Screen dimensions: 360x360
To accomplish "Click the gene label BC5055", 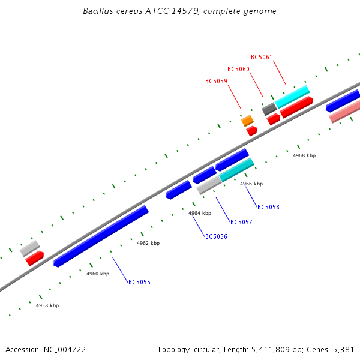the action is [139, 282].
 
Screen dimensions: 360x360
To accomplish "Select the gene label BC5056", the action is [216, 236].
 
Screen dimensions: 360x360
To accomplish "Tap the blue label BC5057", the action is [241, 222].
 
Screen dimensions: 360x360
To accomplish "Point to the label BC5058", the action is [268, 207].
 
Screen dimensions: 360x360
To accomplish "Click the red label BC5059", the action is [216, 81].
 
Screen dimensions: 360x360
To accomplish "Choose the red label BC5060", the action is [238, 69].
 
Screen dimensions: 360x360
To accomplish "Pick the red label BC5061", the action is [262, 57].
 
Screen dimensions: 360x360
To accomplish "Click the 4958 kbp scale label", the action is [47, 305].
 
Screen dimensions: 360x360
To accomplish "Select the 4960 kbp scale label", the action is [98, 274].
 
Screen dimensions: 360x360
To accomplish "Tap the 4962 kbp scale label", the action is [148, 243].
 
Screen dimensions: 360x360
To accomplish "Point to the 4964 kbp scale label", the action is [200, 213].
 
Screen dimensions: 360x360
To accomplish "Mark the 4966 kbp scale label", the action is [251, 184].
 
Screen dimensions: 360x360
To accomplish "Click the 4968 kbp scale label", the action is [304, 155].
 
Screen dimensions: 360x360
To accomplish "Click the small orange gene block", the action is [247, 121].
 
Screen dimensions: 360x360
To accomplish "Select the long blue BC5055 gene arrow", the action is [101, 236].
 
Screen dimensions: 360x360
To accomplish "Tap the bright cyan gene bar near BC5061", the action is [292, 96].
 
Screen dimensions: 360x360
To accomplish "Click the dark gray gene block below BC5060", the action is [269, 109].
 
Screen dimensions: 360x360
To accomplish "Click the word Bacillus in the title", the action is [97, 11].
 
